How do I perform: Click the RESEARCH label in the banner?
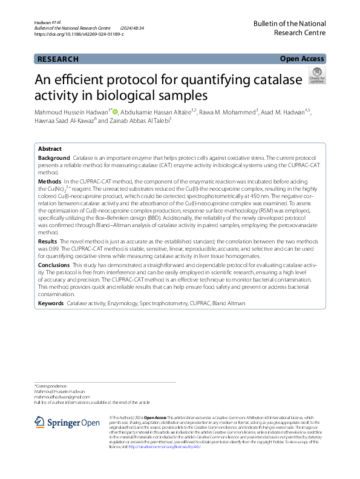point(57,59)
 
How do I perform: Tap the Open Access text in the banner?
point(301,58)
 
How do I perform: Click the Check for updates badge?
point(316,76)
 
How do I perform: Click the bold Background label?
point(54,157)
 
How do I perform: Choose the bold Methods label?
point(50,181)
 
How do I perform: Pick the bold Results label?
point(48,241)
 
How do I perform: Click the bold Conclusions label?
point(53,265)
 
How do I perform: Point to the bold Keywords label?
point(51,303)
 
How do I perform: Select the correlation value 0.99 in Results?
point(52,249)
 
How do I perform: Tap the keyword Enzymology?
point(123,303)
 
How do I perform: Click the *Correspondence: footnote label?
point(51,386)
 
